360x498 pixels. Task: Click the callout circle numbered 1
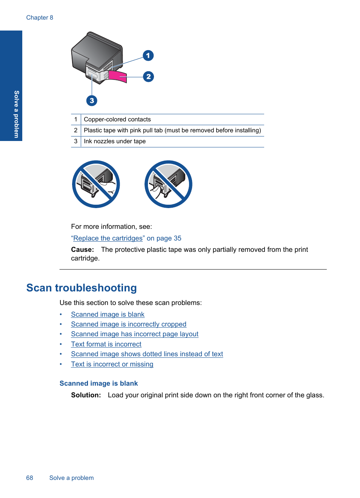click(148, 55)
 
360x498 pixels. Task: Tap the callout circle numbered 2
click(148, 77)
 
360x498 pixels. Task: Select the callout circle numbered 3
click(92, 101)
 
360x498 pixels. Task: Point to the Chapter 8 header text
click(40, 18)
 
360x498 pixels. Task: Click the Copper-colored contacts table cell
click(117, 120)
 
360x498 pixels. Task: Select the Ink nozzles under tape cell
click(115, 141)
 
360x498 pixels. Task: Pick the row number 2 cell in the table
click(76, 130)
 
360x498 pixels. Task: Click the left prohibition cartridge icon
click(96, 184)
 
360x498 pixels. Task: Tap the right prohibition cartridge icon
click(168, 184)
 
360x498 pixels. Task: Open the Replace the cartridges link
click(108, 238)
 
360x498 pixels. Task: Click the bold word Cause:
click(82, 250)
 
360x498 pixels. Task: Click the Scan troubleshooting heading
click(82, 288)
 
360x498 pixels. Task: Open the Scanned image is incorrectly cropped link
click(129, 324)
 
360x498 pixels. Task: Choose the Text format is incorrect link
click(106, 344)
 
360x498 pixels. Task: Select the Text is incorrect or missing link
click(112, 364)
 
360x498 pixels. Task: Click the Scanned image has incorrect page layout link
click(135, 334)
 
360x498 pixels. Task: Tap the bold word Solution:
click(86, 395)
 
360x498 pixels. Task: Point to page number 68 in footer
click(29, 478)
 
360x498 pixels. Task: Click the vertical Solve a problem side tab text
click(16, 114)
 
